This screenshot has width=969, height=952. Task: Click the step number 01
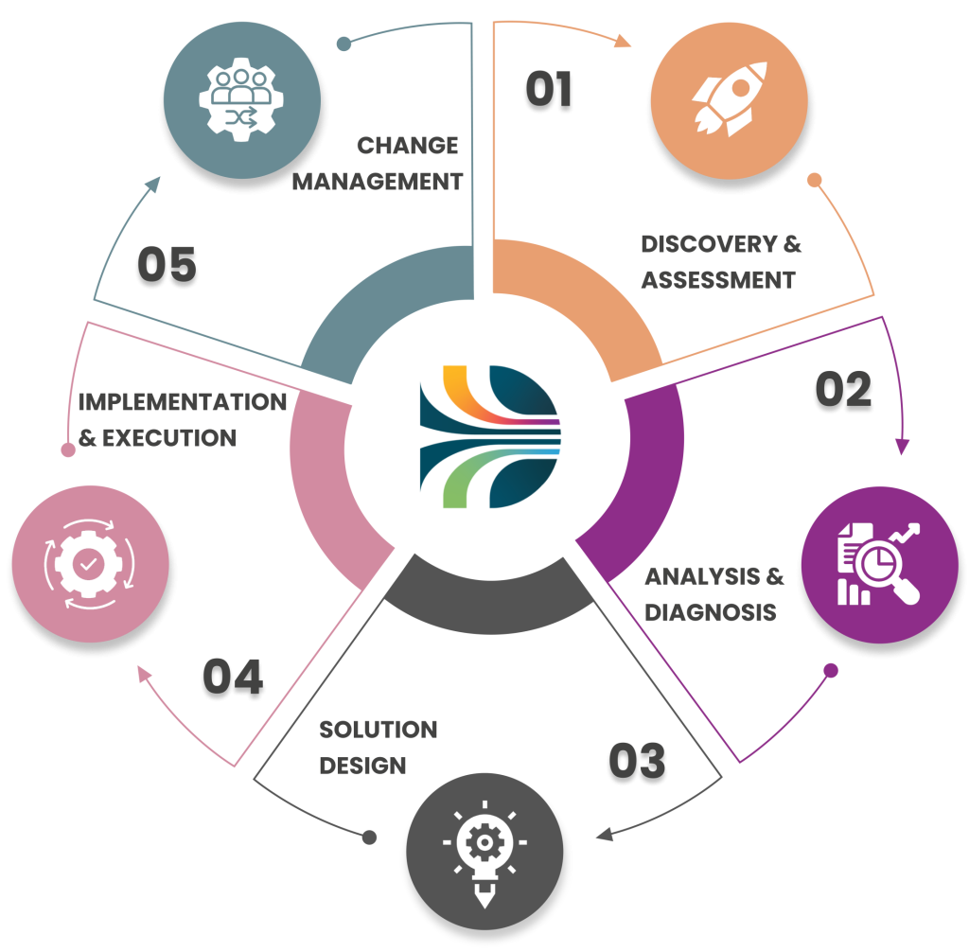coord(549,91)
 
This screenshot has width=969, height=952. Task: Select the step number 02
coord(845,390)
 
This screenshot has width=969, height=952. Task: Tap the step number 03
coord(638,763)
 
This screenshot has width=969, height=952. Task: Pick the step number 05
coord(167,266)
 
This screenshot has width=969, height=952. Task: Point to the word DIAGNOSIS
coord(711,612)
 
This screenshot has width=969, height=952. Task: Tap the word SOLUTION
coord(379,730)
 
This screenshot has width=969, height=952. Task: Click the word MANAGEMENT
coord(377,181)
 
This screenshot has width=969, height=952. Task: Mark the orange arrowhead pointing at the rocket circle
coord(624,41)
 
